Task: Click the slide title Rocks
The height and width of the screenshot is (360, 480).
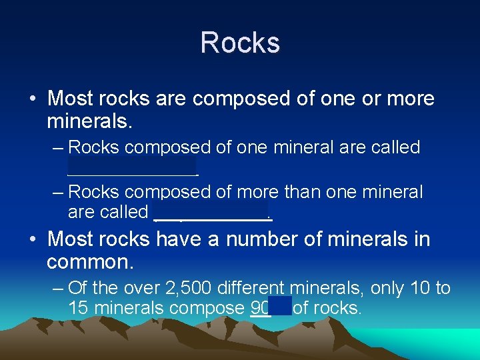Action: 240,43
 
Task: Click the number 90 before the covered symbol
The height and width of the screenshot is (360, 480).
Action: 260,309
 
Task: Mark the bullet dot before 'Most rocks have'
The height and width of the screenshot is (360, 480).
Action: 32,239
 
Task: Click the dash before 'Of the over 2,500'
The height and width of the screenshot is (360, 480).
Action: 58,289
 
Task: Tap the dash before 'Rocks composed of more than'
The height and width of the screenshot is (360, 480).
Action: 58,193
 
